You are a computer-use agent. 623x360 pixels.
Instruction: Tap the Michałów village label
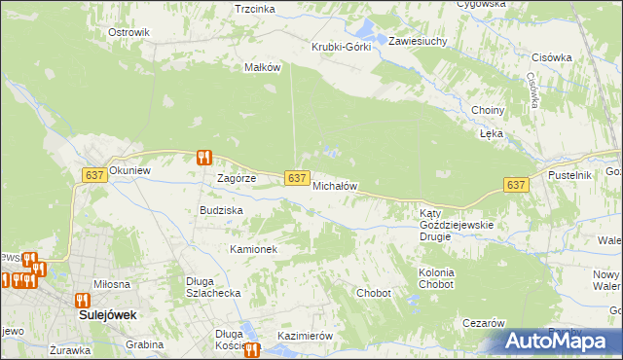pyautogui.click(x=336, y=186)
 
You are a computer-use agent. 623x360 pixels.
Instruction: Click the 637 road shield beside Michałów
pyautogui.click(x=298, y=177)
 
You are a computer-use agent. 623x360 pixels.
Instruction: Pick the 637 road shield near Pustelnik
pyautogui.click(x=516, y=185)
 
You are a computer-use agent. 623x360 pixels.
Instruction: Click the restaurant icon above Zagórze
pyautogui.click(x=203, y=158)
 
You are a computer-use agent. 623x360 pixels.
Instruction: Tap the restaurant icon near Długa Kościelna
pyautogui.click(x=253, y=350)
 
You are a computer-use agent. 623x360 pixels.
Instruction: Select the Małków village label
pyautogui.click(x=262, y=68)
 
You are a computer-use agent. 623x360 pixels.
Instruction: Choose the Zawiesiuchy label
pyautogui.click(x=418, y=42)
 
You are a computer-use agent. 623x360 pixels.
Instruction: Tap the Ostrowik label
pyautogui.click(x=128, y=32)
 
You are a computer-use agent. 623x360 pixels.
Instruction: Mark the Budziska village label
pyautogui.click(x=221, y=210)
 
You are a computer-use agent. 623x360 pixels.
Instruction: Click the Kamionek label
pyautogui.click(x=254, y=249)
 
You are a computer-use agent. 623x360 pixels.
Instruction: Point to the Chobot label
pyautogui.click(x=374, y=293)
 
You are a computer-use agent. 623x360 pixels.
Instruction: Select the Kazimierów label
pyautogui.click(x=306, y=336)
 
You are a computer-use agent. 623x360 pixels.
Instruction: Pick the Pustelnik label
pyautogui.click(x=570, y=174)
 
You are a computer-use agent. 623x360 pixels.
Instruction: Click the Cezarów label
pyautogui.click(x=483, y=323)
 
